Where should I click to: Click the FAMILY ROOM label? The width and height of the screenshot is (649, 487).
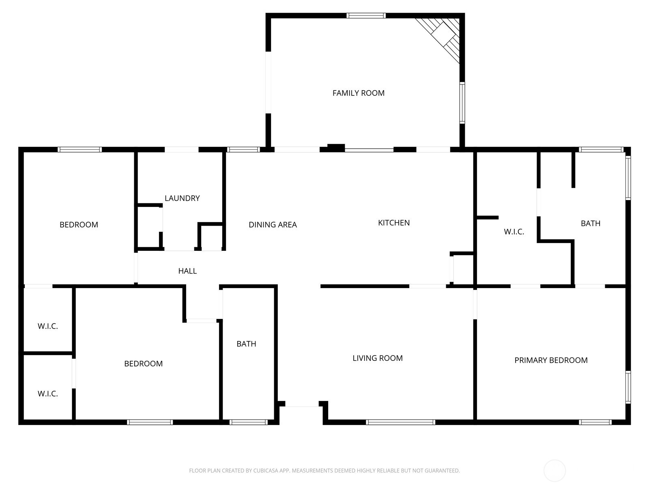pyautogui.click(x=358, y=93)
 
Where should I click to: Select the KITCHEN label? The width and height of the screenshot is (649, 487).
pyautogui.click(x=393, y=223)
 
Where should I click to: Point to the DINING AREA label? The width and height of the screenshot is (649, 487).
pyautogui.click(x=273, y=225)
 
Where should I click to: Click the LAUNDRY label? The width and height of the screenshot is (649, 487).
pyautogui.click(x=182, y=198)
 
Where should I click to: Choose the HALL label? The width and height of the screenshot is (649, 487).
pyautogui.click(x=187, y=271)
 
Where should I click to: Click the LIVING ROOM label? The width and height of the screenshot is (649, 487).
pyautogui.click(x=377, y=358)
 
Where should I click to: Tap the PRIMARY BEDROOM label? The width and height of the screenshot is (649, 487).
pyautogui.click(x=551, y=360)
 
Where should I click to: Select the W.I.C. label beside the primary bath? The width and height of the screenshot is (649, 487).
pyautogui.click(x=514, y=232)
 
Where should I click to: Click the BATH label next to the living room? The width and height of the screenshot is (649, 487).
pyautogui.click(x=246, y=344)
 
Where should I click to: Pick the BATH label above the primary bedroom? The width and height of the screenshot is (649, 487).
pyautogui.click(x=590, y=224)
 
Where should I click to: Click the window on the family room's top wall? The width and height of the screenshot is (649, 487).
pyautogui.click(x=366, y=16)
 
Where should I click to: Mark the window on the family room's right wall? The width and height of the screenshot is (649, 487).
pyautogui.click(x=462, y=102)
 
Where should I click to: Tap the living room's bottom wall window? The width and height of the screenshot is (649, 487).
pyautogui.click(x=400, y=422)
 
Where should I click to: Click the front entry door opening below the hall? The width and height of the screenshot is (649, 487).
pyautogui.click(x=302, y=404)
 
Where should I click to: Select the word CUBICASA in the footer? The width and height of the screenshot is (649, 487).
pyautogui.click(x=268, y=471)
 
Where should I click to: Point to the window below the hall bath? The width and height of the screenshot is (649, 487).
pyautogui.click(x=248, y=422)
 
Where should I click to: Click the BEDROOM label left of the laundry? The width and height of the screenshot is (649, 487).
pyautogui.click(x=79, y=225)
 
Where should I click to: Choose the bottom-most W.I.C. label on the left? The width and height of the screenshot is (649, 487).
pyautogui.click(x=48, y=394)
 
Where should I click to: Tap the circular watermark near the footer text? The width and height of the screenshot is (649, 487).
pyautogui.click(x=554, y=471)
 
